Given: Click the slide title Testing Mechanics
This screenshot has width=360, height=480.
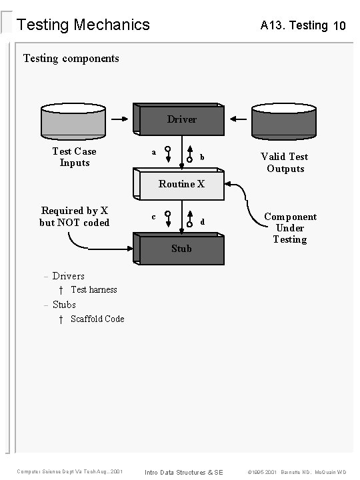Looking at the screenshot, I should tap(83, 25).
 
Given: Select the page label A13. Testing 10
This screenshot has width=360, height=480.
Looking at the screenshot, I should tap(303, 26).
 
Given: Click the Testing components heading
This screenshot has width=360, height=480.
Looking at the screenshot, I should tap(71, 58).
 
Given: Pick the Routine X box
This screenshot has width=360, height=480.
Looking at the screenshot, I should tap(181, 185).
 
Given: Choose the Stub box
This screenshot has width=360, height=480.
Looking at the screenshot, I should tap(181, 249).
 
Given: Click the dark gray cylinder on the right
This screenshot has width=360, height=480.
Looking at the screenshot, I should tap(283, 120).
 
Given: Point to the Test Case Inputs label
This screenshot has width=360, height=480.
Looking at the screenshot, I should tap(74, 157).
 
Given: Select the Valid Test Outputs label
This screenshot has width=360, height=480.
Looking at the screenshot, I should tap(285, 162).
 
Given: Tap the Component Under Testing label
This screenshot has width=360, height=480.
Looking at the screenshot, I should tap(290, 228).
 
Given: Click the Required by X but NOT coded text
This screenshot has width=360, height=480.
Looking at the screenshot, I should tap(74, 217).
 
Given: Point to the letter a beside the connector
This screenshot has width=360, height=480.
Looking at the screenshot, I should tap(154, 153).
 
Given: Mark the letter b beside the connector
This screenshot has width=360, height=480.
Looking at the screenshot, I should tap(202, 157).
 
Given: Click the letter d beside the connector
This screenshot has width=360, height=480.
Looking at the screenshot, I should tap(202, 221).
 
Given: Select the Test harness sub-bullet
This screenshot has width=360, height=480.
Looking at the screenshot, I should tap(93, 290).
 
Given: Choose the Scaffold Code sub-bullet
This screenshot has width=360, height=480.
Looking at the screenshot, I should tap(97, 319).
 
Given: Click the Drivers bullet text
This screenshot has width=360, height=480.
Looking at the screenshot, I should tap(68, 276).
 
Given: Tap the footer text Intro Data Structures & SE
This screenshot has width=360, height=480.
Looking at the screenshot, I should tap(183, 472).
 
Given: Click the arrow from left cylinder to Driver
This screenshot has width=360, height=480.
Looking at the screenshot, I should tap(120, 120).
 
